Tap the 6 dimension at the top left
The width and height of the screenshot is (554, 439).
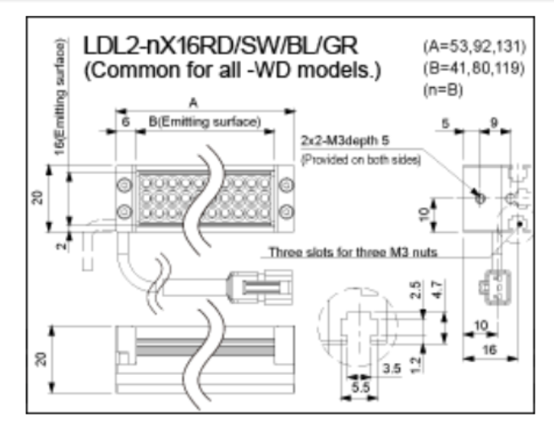pyautogui.click(x=125, y=122)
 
